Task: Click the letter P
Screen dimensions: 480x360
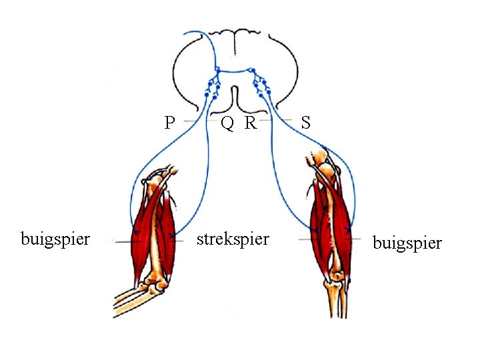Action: (x=170, y=122)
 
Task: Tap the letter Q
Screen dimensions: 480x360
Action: (x=227, y=122)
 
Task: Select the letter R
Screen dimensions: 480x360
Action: (x=251, y=122)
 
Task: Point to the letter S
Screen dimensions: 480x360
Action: (x=305, y=122)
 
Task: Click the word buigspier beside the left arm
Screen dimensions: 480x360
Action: (x=55, y=238)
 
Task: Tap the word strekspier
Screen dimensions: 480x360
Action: (x=233, y=238)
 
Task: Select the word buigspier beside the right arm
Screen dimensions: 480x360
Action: (x=407, y=243)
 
